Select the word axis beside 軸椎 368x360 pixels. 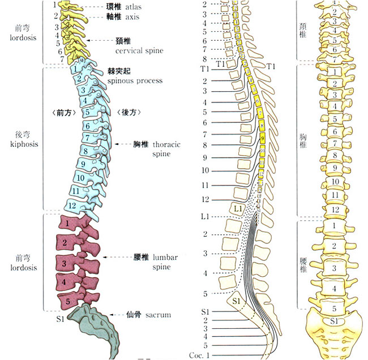click(132, 17)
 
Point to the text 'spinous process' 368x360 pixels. click(135, 80)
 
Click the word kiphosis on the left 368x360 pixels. click(23, 144)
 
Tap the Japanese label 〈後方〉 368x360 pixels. click(128, 113)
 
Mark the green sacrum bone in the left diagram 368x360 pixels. click(93, 325)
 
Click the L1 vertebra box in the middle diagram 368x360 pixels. click(237, 210)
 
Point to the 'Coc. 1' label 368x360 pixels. click(200, 354)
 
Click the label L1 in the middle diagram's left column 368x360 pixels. click(204, 217)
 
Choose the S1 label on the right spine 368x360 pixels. click(335, 322)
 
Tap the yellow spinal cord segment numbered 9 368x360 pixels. click(262, 138)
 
